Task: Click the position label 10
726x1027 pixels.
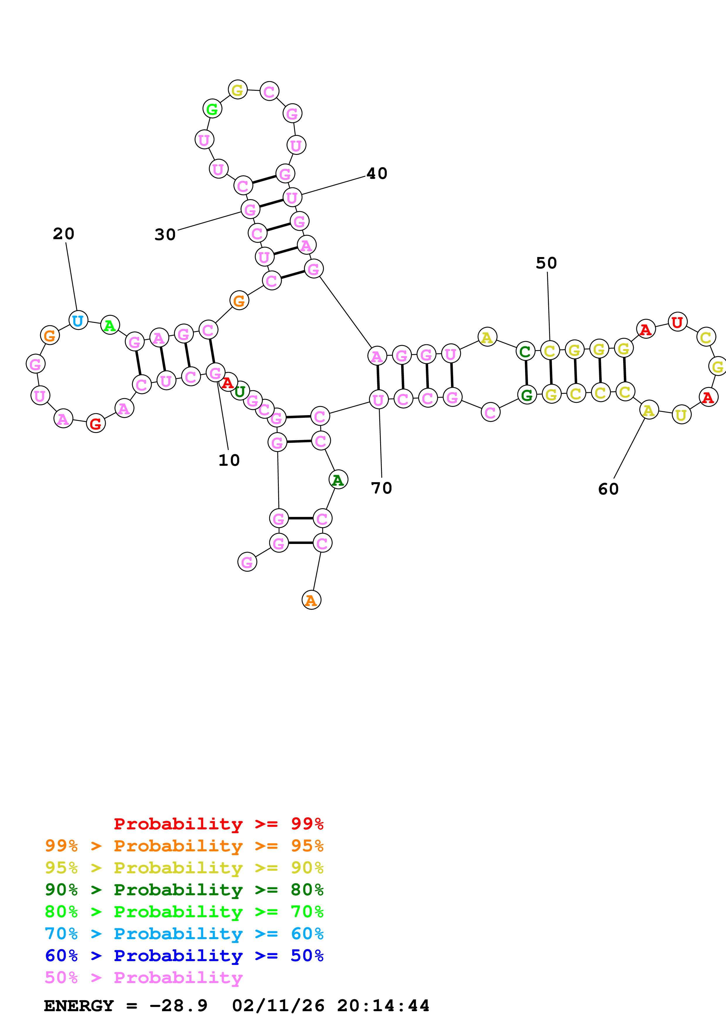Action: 229,460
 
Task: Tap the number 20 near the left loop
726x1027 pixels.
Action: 64,234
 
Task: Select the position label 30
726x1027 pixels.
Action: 165,235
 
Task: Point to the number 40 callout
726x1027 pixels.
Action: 377,174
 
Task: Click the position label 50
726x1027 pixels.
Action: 546,263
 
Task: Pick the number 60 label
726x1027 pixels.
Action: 608,489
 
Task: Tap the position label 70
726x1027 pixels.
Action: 381,488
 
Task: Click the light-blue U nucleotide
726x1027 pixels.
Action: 78,320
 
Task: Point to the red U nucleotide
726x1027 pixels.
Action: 677,322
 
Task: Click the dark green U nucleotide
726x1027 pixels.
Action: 240,391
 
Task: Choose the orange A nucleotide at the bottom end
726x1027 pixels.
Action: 311,600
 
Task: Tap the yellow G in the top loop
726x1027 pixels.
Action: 238,90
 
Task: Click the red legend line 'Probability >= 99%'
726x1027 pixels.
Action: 218,824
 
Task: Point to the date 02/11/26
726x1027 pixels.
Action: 278,1006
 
